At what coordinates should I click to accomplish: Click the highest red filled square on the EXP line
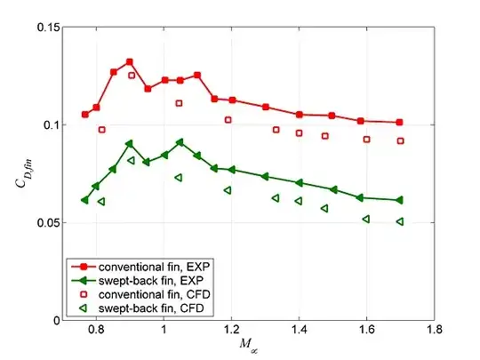(130, 62)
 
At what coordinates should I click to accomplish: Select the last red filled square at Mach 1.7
(399, 122)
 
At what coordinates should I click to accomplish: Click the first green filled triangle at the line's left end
(84, 200)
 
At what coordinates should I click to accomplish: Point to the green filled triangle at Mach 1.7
(399, 200)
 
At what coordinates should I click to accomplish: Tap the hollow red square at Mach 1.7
(400, 140)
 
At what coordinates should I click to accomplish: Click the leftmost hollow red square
(101, 130)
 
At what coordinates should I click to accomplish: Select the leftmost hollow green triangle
(100, 202)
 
